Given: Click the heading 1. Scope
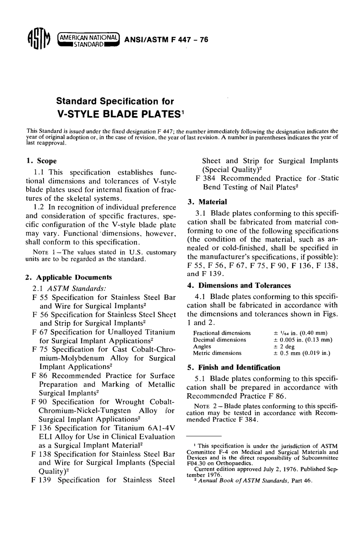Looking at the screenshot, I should (41, 161).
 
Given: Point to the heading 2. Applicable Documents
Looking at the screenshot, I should (68, 277).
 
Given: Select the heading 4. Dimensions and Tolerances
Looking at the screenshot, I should (239, 285).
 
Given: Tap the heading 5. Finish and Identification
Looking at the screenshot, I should (234, 367).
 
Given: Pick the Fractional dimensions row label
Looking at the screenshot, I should (222, 333).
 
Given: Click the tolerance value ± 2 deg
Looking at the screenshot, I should (284, 347).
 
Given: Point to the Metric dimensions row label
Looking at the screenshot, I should (217, 353).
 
